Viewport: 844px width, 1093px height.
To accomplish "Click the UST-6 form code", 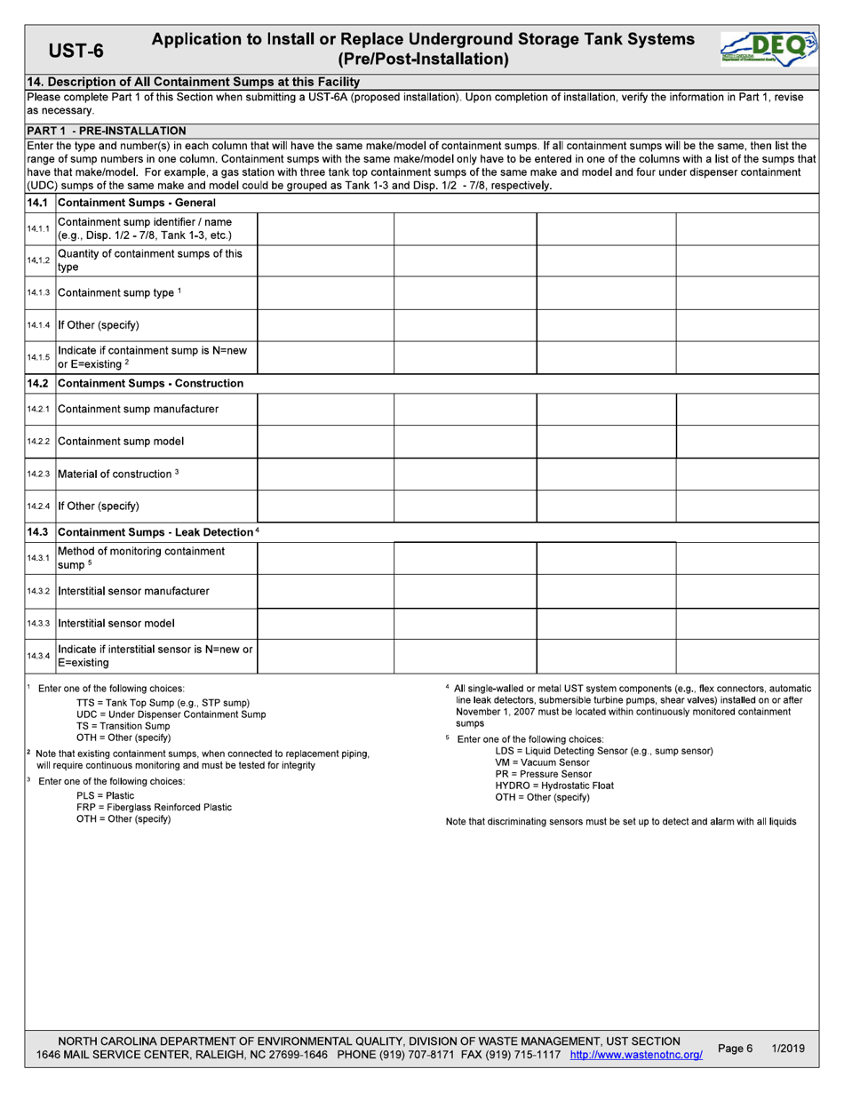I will [76, 51].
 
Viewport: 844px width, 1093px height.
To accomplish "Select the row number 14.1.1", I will [39, 229].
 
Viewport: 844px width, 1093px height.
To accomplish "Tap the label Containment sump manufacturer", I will [138, 409].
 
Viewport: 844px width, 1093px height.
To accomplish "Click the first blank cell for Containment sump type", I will [325, 292].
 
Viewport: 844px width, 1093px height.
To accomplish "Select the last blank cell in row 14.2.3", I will [747, 474].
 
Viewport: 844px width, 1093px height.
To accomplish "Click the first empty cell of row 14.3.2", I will [325, 591].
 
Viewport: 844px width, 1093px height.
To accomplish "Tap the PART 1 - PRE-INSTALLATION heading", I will [107, 131].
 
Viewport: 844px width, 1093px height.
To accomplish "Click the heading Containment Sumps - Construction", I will [150, 383].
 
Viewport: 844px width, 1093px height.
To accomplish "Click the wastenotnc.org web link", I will [635, 1054].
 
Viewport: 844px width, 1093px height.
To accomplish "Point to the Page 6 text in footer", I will [735, 1049].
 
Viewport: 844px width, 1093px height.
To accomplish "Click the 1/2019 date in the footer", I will [788, 1049].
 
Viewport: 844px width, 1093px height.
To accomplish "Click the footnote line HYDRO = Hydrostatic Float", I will [554, 786].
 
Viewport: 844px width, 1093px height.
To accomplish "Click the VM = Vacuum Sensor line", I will [542, 762].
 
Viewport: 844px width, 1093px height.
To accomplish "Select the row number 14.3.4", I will [39, 656].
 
